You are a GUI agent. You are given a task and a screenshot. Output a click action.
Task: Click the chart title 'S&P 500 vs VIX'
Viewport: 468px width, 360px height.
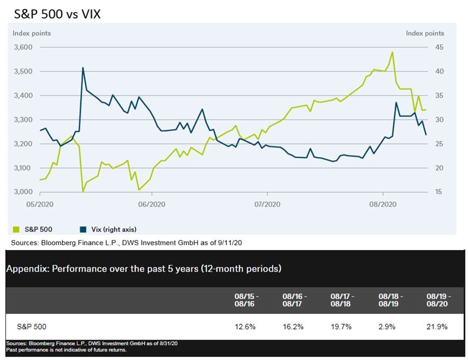pyautogui.click(x=57, y=14)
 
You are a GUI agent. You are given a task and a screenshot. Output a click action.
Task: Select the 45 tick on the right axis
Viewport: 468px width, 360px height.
pyautogui.click(x=439, y=47)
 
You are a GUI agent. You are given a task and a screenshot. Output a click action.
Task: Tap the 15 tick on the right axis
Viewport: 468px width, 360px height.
pyautogui.click(x=439, y=192)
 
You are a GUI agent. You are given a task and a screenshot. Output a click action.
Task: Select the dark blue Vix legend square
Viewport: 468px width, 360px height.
pyautogui.click(x=83, y=229)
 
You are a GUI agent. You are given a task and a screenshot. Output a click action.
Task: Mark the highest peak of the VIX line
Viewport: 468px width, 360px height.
pyautogui.click(x=83, y=68)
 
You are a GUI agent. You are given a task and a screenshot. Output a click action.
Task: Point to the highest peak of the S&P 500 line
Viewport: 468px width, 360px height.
pyautogui.click(x=392, y=52)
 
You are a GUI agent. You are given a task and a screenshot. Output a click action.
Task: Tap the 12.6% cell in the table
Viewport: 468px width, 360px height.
pyautogui.click(x=245, y=327)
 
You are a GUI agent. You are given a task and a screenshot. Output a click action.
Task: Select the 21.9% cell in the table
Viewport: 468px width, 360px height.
pyautogui.click(x=437, y=327)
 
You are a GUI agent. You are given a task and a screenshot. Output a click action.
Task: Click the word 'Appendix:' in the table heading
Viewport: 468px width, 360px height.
pyautogui.click(x=26, y=269)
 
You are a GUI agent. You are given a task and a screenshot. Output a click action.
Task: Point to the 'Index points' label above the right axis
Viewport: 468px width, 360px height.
pyautogui.click(x=425, y=33)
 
